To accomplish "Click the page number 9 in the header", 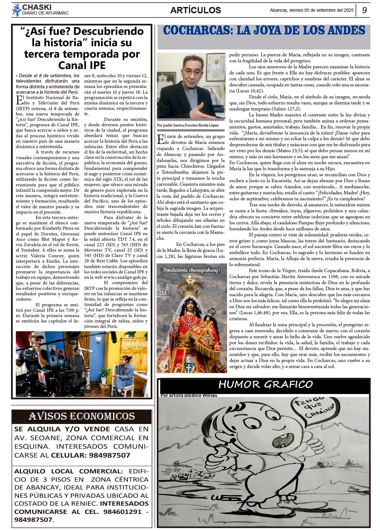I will pos(364,10).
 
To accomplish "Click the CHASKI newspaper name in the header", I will pos(37,7).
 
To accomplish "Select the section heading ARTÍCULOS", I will pos(195,10).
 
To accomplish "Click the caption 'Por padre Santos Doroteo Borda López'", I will pos(188,125).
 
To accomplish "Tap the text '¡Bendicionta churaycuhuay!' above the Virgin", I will pos(190,270).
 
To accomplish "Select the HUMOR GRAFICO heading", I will pos(265,384).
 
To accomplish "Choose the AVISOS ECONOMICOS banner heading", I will pos(82,416).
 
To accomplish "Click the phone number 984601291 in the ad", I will pos(122,512).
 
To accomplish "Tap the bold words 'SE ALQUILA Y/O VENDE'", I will pos(62,429).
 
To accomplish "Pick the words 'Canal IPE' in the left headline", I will pos(82,65).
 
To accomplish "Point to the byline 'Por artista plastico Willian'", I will pos(189,395).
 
